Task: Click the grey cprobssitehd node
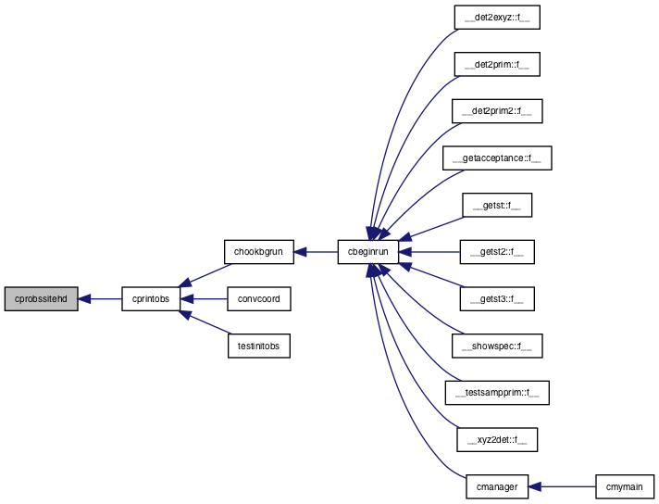click(41, 299)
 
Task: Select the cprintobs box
click(151, 299)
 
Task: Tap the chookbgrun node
click(258, 252)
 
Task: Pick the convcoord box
click(258, 299)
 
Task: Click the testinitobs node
click(258, 346)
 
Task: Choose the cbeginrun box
click(367, 252)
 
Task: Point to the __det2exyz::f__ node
click(497, 18)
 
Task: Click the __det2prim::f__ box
click(497, 64)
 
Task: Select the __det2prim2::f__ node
click(497, 111)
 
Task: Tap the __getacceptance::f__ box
click(497, 158)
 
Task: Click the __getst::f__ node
click(497, 206)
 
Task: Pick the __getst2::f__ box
click(497, 252)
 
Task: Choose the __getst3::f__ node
click(497, 299)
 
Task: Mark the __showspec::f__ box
click(497, 346)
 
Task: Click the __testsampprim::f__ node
click(497, 393)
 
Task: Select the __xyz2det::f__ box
click(497, 440)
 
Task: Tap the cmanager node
click(497, 486)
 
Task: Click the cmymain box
click(624, 486)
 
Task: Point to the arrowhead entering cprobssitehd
click(84, 299)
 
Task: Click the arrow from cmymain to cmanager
click(562, 486)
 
